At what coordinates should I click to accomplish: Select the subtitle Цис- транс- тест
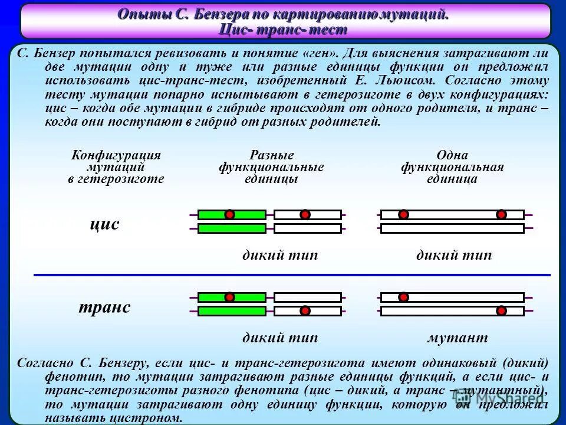pyautogui.click(x=283, y=29)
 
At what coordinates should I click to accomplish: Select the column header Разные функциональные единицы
pyautogui.click(x=271, y=167)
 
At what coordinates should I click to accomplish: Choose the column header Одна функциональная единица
pyautogui.click(x=452, y=167)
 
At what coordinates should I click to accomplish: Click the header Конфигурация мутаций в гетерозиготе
pyautogui.click(x=116, y=167)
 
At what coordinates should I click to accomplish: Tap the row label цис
pyautogui.click(x=104, y=224)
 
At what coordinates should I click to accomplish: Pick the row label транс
pyautogui.click(x=104, y=308)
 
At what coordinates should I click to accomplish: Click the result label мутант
pyautogui.click(x=458, y=338)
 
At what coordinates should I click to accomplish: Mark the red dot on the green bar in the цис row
pyautogui.click(x=230, y=215)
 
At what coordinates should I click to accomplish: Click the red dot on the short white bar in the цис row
pyautogui.click(x=305, y=215)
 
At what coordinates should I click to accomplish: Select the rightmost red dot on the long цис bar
pyautogui.click(x=501, y=215)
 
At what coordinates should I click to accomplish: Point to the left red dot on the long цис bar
pyautogui.click(x=403, y=215)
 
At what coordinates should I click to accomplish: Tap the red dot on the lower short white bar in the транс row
pyautogui.click(x=305, y=310)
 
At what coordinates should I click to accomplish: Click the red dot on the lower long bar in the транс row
pyautogui.click(x=501, y=310)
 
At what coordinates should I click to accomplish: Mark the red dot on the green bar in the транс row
pyautogui.click(x=230, y=297)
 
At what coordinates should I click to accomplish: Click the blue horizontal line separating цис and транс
pyautogui.click(x=292, y=275)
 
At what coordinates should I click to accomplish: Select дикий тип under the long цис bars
pyautogui.click(x=453, y=256)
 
